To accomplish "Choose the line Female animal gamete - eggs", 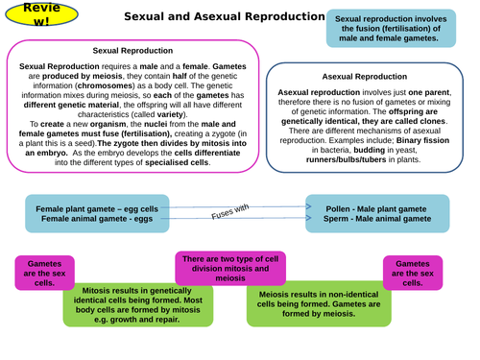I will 84,218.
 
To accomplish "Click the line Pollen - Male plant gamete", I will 377,207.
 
